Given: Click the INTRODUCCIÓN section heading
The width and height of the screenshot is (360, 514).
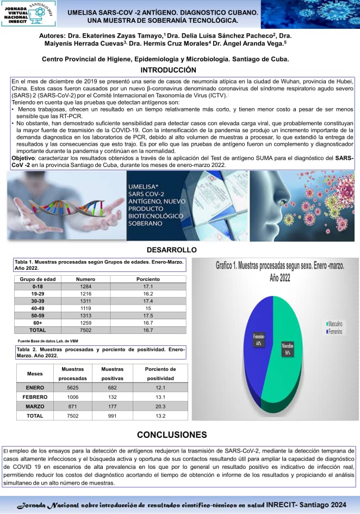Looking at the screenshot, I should pos(168,70).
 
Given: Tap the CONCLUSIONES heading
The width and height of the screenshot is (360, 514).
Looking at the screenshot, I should pos(172,435).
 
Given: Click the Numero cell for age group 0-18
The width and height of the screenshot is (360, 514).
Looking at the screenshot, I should pos(85,286).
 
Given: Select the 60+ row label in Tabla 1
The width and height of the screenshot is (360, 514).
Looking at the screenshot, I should pos(38,323).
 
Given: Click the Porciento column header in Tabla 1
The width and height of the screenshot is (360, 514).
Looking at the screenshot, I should pos(148,279).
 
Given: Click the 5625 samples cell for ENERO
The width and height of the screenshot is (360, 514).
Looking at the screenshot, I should pos(73,387).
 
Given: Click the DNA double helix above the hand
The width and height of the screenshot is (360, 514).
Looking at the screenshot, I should pos(76,207).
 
